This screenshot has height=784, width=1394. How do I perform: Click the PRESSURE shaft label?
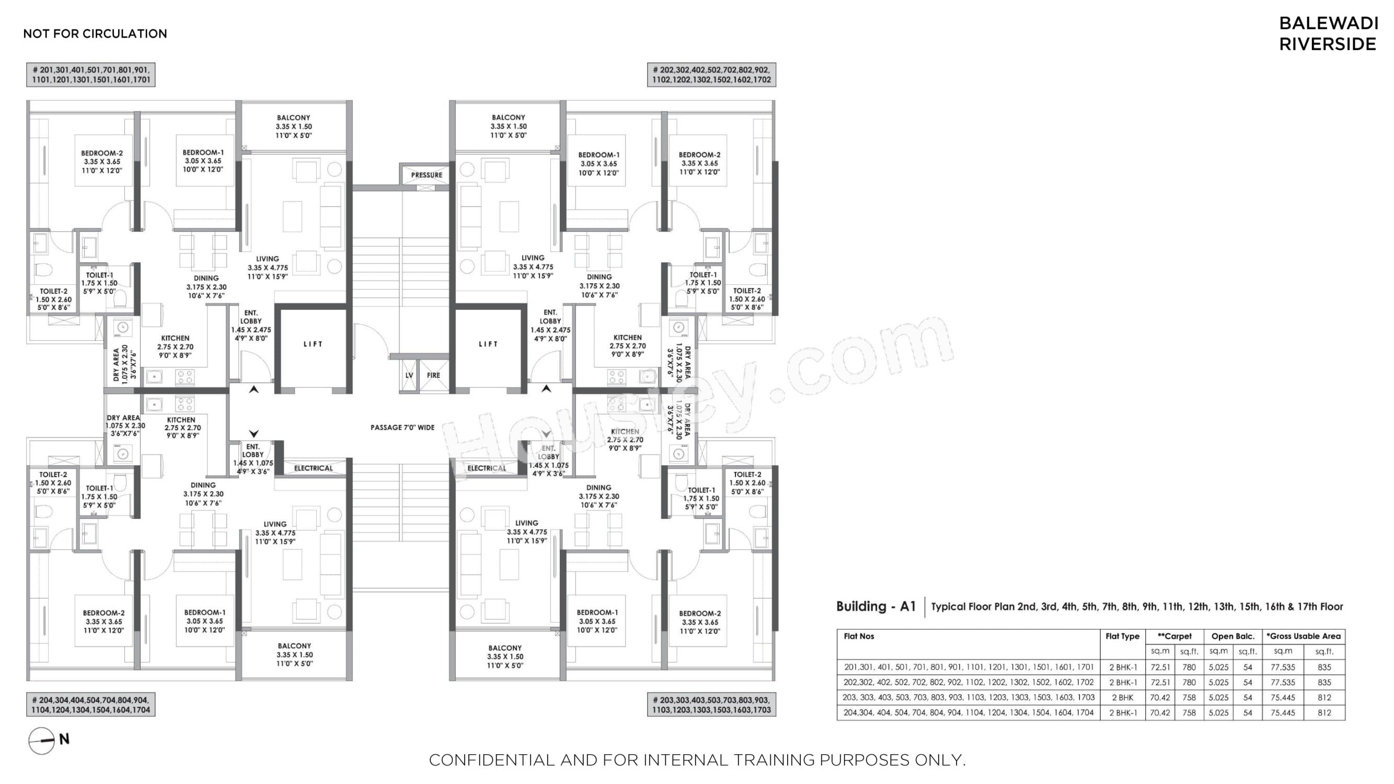click(x=427, y=175)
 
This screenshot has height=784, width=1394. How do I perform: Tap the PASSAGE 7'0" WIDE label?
click(x=402, y=428)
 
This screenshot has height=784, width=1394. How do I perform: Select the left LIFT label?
click(x=313, y=344)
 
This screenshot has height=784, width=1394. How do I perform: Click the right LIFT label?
click(x=488, y=344)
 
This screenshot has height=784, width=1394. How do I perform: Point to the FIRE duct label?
click(x=433, y=375)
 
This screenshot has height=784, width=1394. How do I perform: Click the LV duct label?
click(x=409, y=375)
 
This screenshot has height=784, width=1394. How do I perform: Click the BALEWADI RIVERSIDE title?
click(x=1328, y=33)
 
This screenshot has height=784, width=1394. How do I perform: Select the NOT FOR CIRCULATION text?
click(x=95, y=33)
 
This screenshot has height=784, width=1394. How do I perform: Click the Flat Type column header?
click(x=1122, y=636)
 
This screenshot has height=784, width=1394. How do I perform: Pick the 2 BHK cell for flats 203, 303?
click(x=1122, y=697)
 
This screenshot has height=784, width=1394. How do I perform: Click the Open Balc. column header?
click(x=1232, y=636)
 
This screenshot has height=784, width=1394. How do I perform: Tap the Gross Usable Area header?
click(x=1304, y=636)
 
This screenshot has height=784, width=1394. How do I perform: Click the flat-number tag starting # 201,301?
click(x=91, y=75)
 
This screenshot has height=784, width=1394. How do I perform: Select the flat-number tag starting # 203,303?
click(x=711, y=705)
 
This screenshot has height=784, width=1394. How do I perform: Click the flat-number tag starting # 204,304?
click(x=91, y=705)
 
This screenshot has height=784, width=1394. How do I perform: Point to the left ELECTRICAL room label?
click(x=313, y=468)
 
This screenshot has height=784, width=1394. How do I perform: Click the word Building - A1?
click(x=876, y=606)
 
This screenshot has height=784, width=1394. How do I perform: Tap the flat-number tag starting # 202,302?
click(x=711, y=75)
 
